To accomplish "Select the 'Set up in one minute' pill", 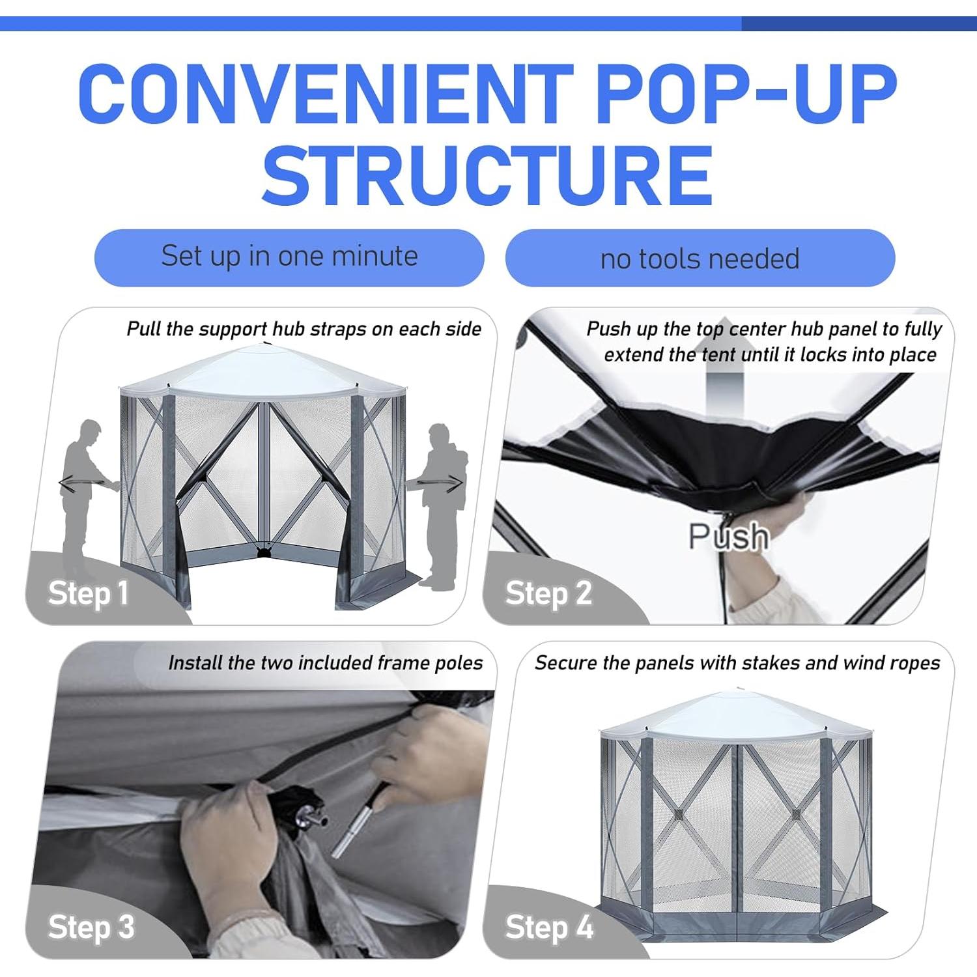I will [x=289, y=257].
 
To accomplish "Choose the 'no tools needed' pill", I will [x=700, y=259].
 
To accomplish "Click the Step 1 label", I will [x=88, y=593].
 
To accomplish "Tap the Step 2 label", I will [x=548, y=593].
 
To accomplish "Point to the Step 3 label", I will [x=91, y=927].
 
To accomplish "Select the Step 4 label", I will [x=549, y=927].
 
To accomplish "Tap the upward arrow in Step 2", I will [x=724, y=384].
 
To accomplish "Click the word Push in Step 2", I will [x=728, y=536].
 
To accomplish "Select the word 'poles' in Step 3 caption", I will [x=460, y=663].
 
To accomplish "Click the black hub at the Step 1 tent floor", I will [x=263, y=552].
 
